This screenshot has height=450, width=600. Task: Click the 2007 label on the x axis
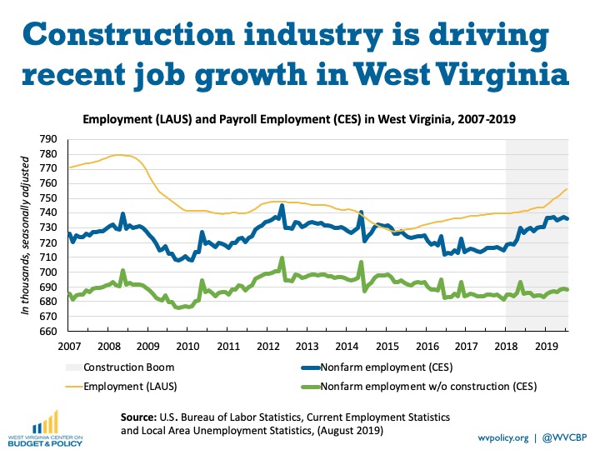69,346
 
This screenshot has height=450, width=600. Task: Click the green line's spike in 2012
282,258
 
